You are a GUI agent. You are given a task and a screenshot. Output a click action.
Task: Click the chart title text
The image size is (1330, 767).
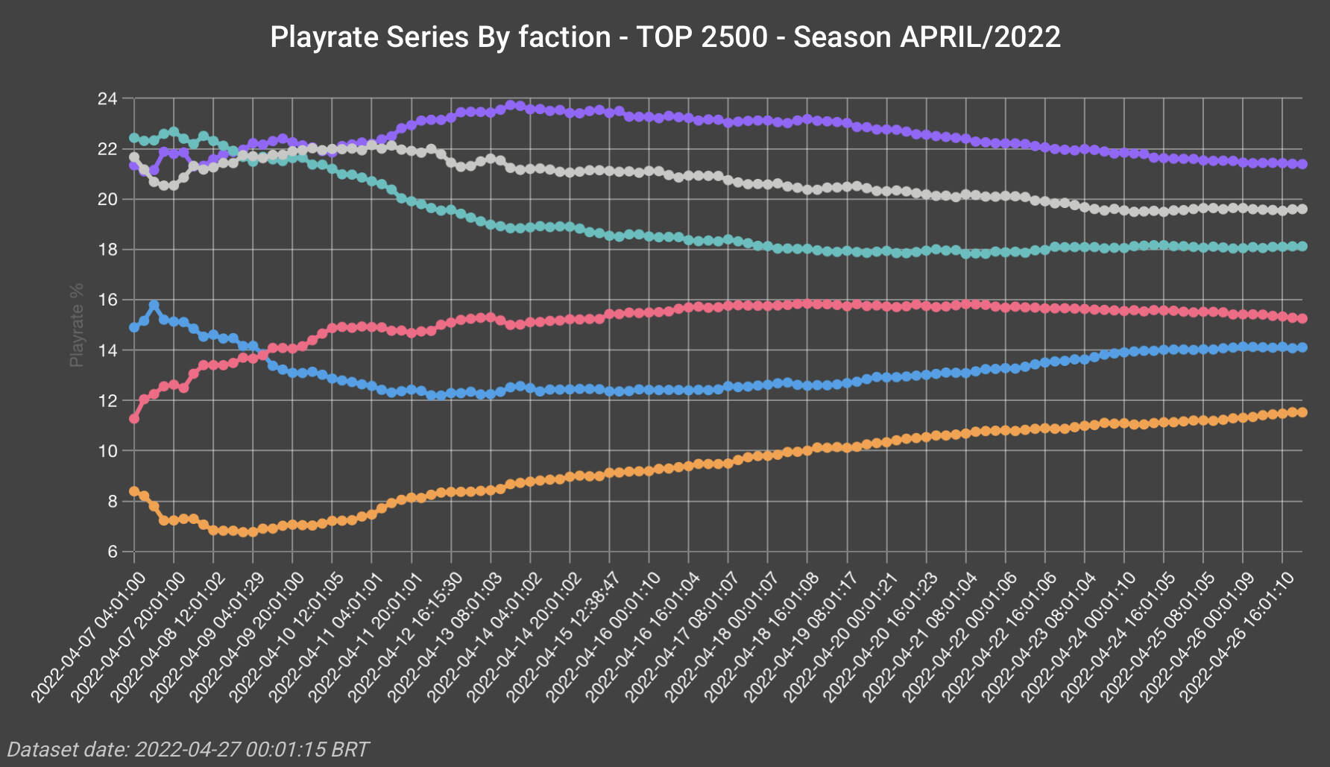click(x=665, y=37)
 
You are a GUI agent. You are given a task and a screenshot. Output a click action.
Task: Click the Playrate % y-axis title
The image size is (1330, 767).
click(x=76, y=325)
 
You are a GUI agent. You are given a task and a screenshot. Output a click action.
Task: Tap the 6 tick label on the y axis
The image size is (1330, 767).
click(x=113, y=552)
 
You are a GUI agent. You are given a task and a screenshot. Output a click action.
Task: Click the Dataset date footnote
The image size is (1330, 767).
click(x=188, y=749)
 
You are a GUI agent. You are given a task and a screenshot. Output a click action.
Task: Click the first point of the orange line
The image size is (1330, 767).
click(x=134, y=491)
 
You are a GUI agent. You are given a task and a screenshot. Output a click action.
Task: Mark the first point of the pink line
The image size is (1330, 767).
click(x=134, y=419)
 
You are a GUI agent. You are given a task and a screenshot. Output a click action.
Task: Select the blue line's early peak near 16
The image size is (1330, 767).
click(x=154, y=306)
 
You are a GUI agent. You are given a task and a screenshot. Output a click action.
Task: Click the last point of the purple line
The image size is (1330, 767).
click(x=1302, y=164)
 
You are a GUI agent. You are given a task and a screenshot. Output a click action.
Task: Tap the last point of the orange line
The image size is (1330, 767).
click(x=1302, y=412)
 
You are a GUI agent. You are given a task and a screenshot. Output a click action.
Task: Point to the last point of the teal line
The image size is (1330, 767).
click(x=1302, y=246)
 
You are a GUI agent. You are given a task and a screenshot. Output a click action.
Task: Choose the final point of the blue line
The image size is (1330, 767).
click(x=1302, y=347)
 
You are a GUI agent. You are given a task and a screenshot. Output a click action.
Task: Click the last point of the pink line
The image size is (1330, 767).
click(x=1302, y=318)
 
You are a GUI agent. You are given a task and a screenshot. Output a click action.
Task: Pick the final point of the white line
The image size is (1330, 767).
click(x=1302, y=209)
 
